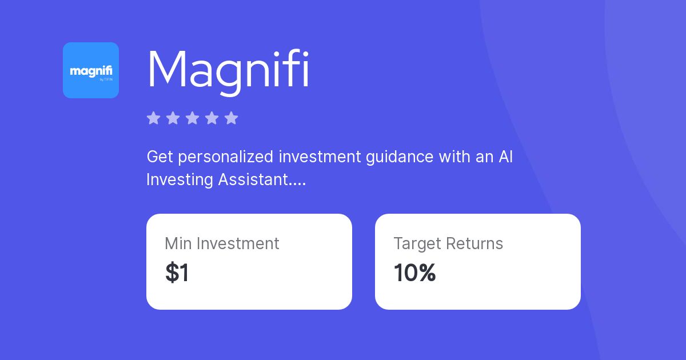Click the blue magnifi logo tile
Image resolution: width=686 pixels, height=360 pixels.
[x=91, y=70]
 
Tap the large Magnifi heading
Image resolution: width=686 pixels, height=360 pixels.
[x=228, y=70]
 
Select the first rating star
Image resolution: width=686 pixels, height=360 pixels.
[x=153, y=118]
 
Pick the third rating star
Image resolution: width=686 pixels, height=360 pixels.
[x=192, y=118]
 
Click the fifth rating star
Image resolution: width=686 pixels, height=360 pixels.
[x=231, y=118]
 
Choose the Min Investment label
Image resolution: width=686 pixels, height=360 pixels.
[x=222, y=243]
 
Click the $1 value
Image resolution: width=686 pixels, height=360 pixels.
[x=177, y=273]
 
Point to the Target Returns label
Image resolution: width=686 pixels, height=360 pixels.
[x=448, y=243]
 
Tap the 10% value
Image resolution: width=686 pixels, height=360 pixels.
[x=414, y=273]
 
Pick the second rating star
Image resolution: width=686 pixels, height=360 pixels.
[x=173, y=118]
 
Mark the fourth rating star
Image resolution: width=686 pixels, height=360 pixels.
[x=212, y=118]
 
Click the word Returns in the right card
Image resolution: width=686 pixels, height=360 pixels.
[x=475, y=243]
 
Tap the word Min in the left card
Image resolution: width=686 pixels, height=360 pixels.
[x=178, y=243]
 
